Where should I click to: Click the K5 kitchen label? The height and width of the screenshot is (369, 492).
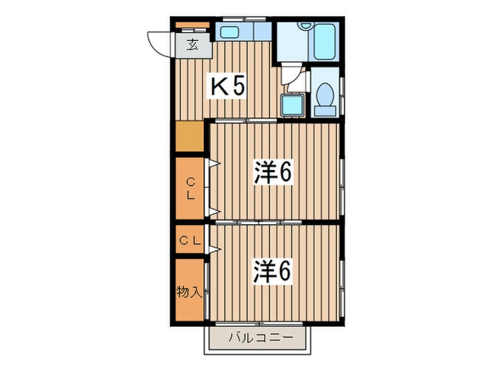(228, 86)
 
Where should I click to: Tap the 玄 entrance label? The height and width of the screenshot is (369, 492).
(193, 45)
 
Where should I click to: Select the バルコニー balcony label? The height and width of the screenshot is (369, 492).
(261, 338)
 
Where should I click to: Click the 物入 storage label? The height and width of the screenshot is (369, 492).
(188, 292)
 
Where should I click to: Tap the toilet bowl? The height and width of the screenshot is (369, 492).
(325, 94)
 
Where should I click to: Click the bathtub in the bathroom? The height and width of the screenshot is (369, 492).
(325, 41)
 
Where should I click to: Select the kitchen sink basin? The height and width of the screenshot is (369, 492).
(229, 32)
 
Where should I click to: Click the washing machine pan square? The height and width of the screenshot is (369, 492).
(292, 105)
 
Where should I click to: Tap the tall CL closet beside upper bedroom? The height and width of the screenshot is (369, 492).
(190, 188)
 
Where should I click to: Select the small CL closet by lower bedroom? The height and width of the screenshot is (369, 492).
(190, 240)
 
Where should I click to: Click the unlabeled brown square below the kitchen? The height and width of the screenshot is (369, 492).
(190, 136)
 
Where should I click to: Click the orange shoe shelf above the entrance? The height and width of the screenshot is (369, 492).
(193, 25)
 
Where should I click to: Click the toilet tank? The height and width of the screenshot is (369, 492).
(325, 111)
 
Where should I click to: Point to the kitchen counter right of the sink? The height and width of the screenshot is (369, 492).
(262, 32)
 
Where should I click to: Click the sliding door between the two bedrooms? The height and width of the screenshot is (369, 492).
(259, 223)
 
